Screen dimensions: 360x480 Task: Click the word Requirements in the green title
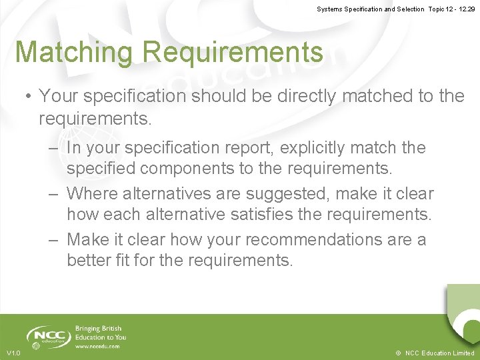[232, 53]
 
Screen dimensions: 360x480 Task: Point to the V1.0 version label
[13, 353]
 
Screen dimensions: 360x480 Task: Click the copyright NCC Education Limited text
[435, 353]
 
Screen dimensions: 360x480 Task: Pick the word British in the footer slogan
[109, 329]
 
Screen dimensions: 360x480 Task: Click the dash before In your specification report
[53, 148]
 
